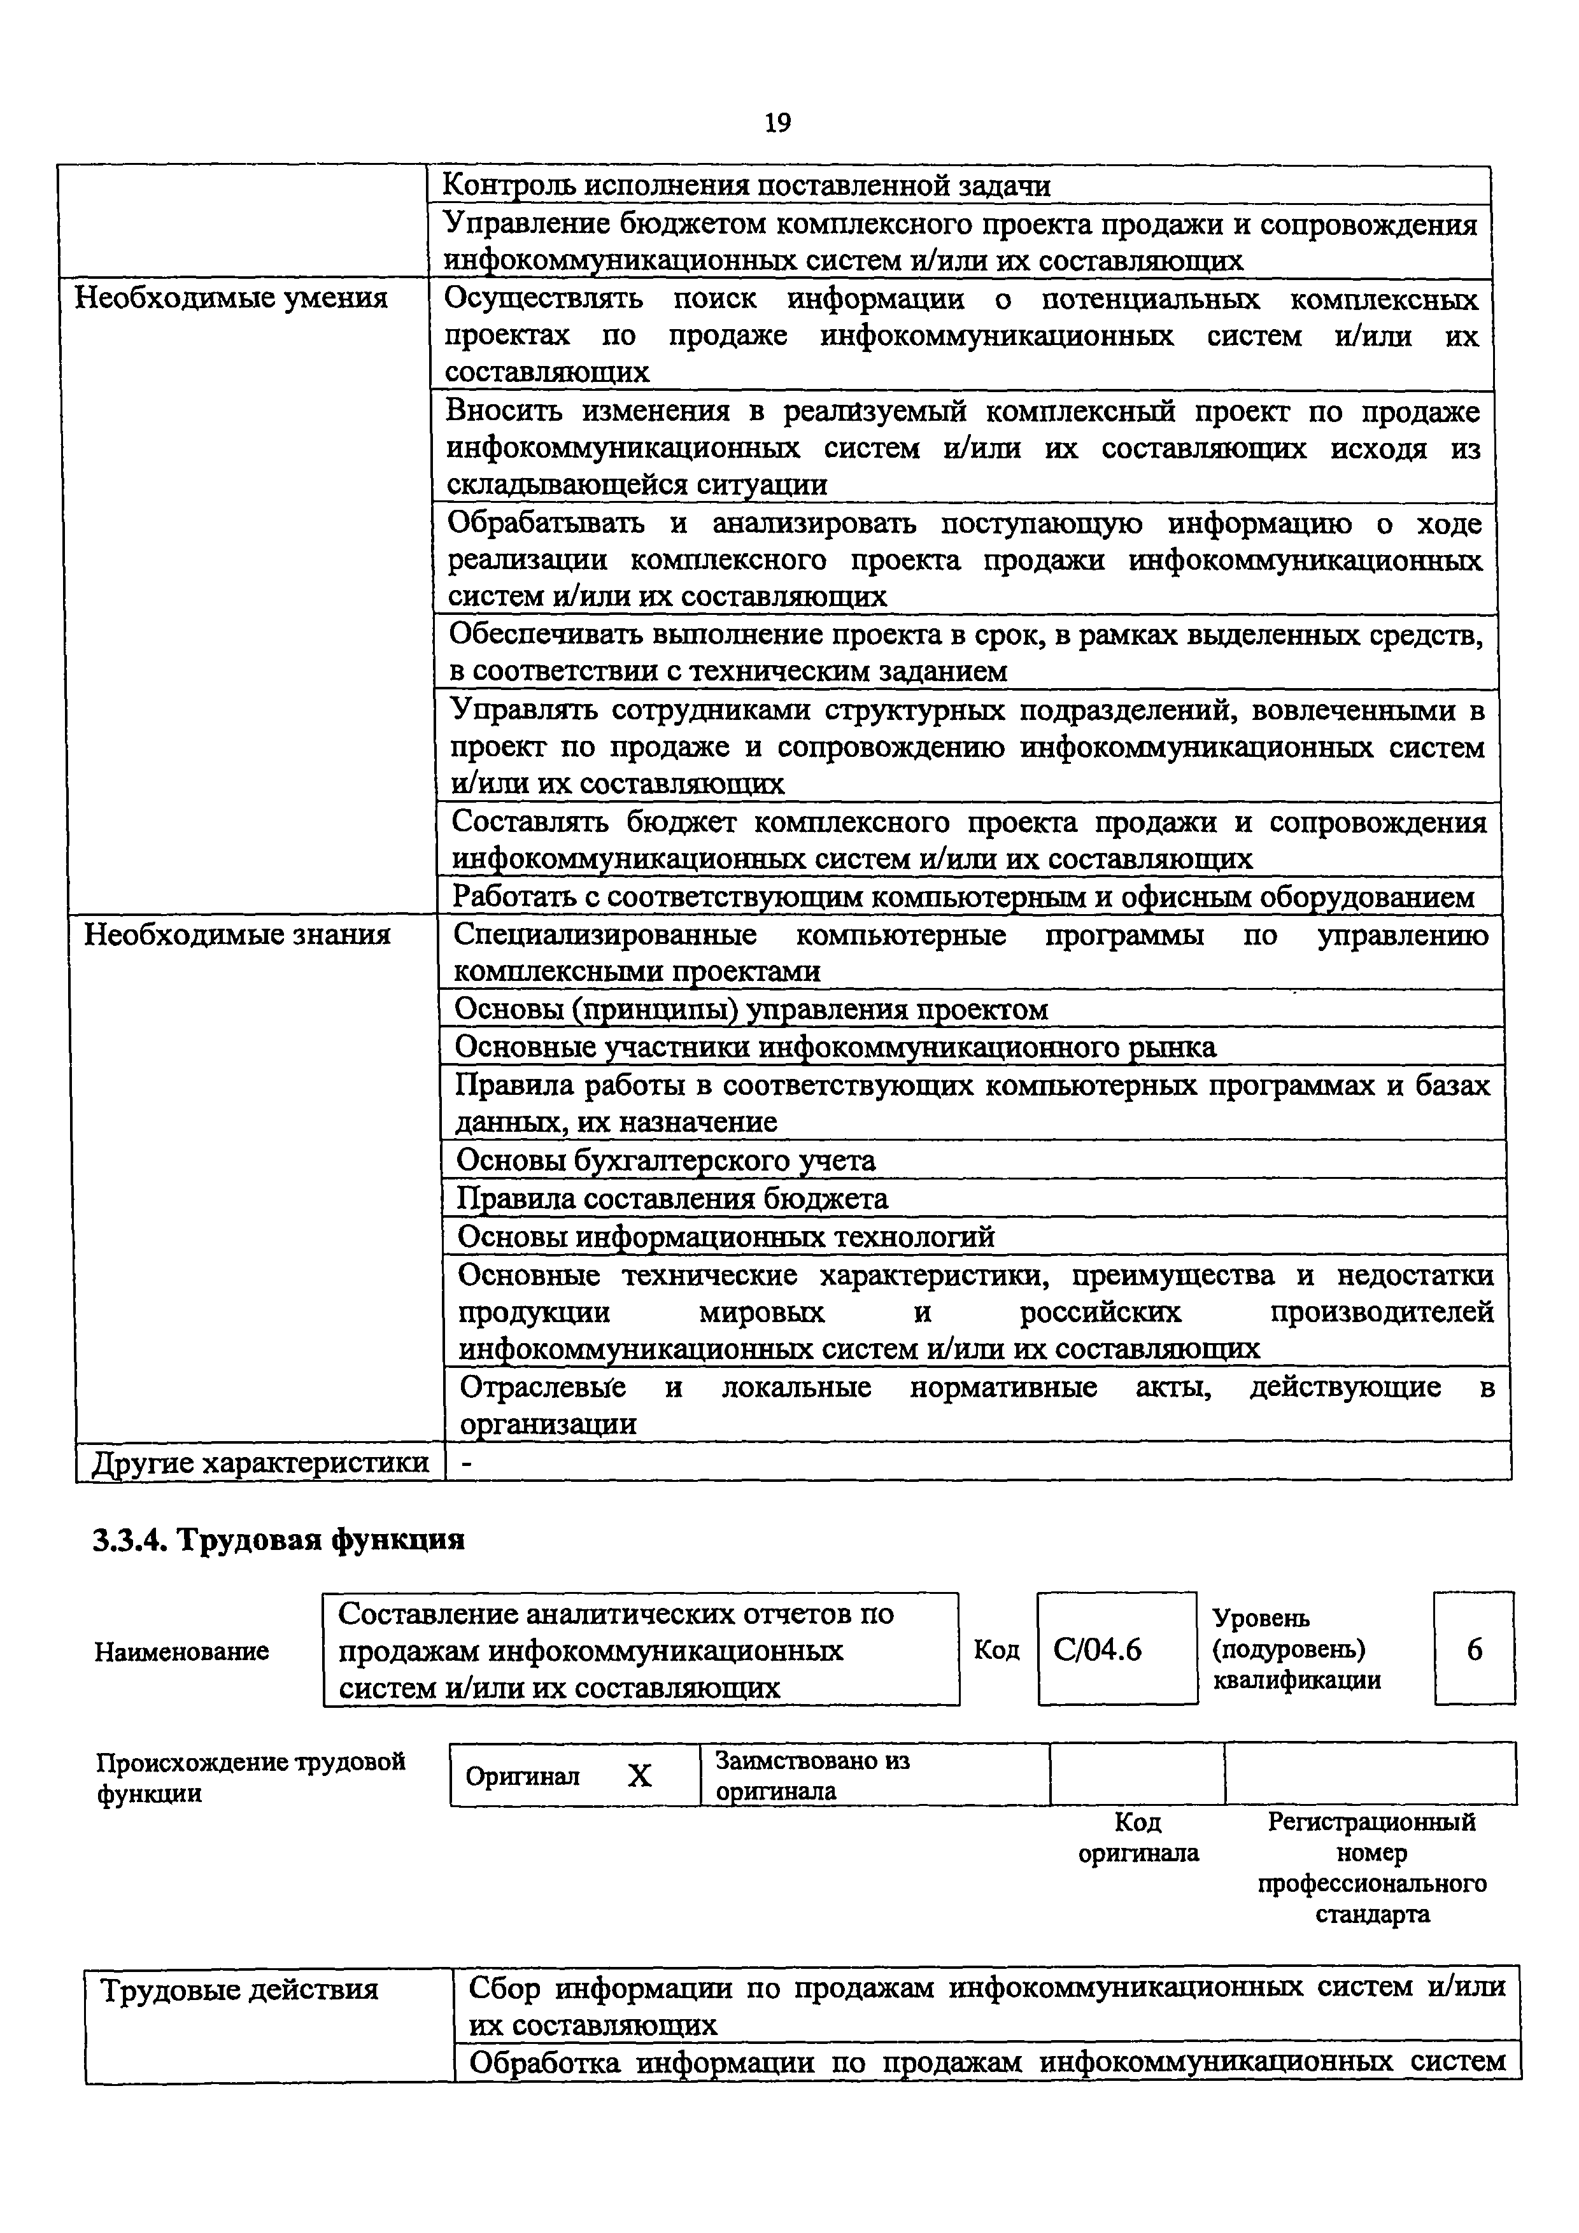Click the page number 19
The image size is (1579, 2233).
coord(777,123)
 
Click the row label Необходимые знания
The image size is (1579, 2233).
coord(237,934)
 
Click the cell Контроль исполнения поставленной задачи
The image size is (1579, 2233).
coord(747,185)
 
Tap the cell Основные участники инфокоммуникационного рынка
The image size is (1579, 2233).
coord(836,1046)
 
